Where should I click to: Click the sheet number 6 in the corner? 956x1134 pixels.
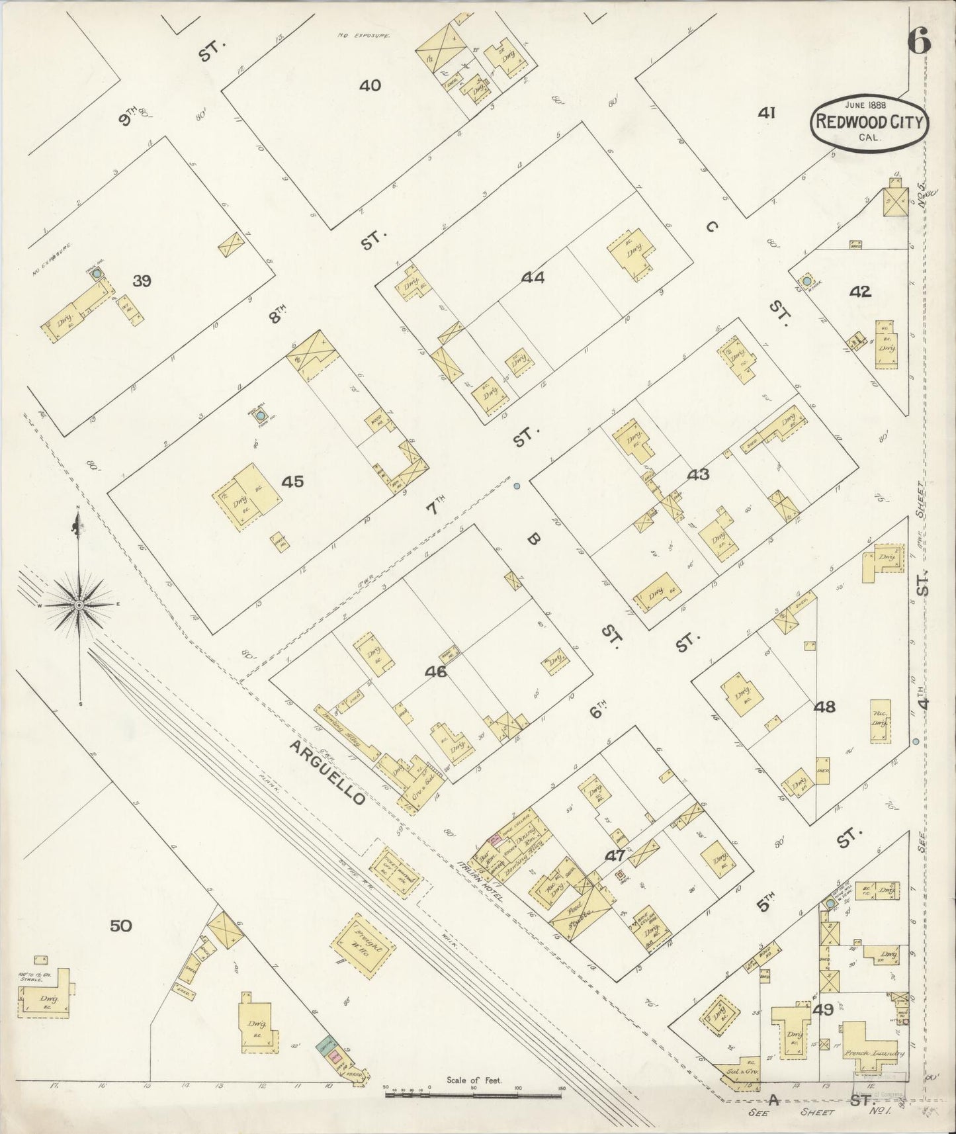(x=920, y=42)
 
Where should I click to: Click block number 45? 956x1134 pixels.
(x=292, y=482)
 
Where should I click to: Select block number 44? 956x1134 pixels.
(x=533, y=279)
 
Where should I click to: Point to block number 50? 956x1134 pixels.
(x=120, y=926)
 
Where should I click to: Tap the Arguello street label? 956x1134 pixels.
(x=327, y=772)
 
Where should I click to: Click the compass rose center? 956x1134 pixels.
(x=79, y=605)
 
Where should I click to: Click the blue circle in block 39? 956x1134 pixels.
(x=97, y=273)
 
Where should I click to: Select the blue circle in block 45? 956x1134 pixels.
(x=261, y=416)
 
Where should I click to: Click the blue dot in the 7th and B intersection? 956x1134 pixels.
(x=517, y=486)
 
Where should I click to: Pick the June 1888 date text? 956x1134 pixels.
(x=865, y=105)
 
